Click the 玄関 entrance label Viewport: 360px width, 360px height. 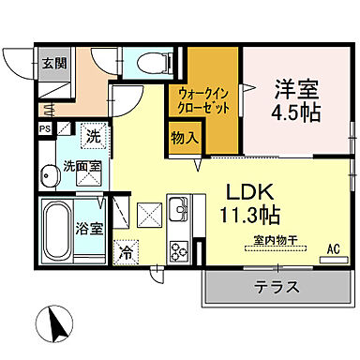pos(27,64)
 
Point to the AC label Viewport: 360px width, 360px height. pos(332,249)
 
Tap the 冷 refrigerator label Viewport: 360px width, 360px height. pos(126,252)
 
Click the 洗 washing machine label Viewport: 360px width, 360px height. pos(93,135)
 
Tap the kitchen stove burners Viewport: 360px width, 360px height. pos(178,250)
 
